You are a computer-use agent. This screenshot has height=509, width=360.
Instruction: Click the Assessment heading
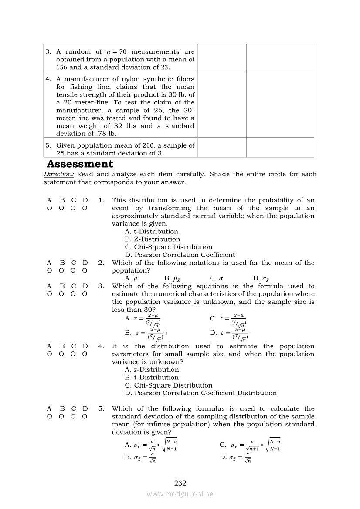click(80, 164)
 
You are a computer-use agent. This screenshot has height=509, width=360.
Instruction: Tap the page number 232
click(180, 483)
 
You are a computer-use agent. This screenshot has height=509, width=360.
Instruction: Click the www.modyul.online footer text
click(180, 494)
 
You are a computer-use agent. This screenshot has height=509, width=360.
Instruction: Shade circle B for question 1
click(61, 208)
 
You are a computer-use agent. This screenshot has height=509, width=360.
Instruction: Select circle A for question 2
click(49, 270)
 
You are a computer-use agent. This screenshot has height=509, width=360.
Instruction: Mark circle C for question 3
click(73, 294)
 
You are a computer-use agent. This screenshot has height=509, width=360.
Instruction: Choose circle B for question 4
click(61, 354)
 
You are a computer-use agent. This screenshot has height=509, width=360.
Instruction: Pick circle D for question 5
click(85, 416)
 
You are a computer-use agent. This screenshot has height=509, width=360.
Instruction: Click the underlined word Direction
click(59, 174)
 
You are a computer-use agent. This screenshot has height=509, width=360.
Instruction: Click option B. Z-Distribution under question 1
click(152, 239)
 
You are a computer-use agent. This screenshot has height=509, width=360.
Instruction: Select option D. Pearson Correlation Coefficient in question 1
click(180, 255)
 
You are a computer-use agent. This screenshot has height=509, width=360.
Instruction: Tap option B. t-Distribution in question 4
click(152, 378)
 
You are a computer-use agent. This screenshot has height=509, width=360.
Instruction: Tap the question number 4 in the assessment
click(101, 346)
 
